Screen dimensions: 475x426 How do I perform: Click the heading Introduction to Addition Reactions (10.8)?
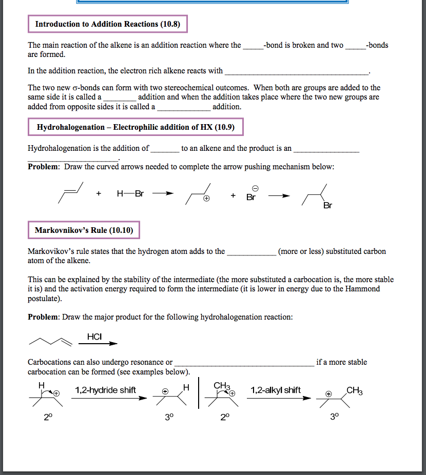(108, 24)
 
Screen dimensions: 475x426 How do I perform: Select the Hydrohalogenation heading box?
(135, 127)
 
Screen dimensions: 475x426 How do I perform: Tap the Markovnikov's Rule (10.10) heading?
(84, 230)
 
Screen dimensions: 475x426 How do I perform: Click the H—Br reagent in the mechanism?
(130, 194)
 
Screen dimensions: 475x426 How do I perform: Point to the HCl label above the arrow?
(94, 337)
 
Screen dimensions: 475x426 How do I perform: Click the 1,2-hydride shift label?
(105, 390)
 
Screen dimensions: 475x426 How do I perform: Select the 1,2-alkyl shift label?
(276, 390)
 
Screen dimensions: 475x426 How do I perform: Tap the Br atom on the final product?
(327, 206)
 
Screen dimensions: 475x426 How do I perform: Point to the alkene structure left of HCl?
(49, 341)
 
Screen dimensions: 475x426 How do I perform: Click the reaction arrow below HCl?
(99, 344)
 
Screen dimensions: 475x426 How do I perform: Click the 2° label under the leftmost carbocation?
(47, 417)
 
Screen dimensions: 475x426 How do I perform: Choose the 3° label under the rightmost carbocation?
(335, 417)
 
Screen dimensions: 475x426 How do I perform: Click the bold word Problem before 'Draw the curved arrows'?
(44, 167)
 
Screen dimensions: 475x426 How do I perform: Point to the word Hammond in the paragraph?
(366, 289)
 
